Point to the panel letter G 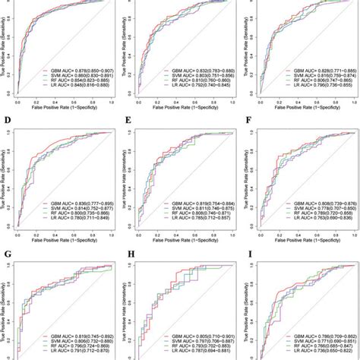coord(6,245)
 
